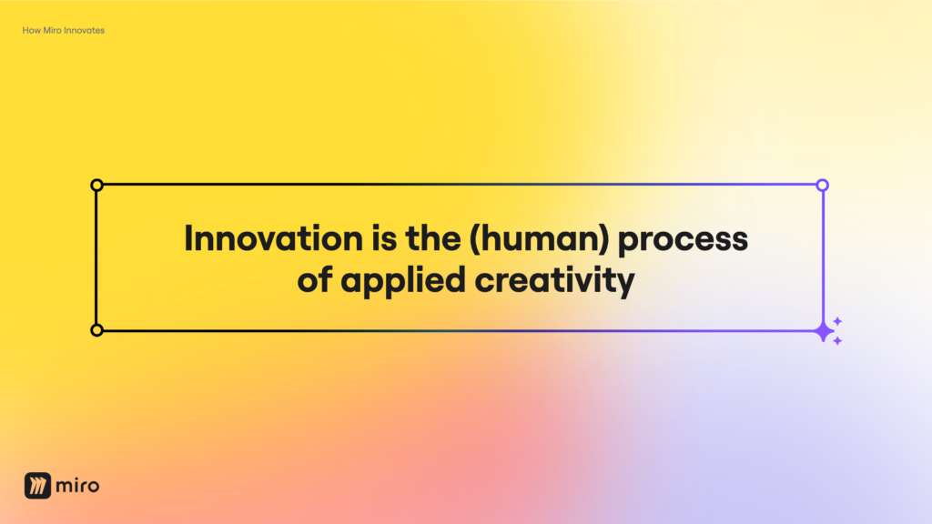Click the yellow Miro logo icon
click(37, 486)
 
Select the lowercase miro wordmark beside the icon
click(77, 486)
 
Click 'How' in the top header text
click(30, 31)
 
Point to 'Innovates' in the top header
click(86, 31)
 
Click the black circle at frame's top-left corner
click(97, 186)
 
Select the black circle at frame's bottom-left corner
click(97, 330)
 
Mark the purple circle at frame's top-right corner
click(823, 186)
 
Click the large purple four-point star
click(824, 331)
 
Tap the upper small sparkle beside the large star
click(837, 321)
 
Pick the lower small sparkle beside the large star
click(837, 341)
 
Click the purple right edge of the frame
click(824, 257)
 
